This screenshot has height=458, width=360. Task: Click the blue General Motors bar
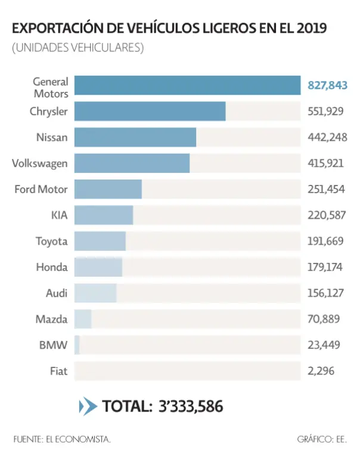tap(187, 85)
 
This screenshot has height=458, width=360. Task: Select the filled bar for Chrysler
tap(150, 112)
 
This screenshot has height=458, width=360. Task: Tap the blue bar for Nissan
tap(135, 137)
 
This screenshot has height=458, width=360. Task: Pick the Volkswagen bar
tap(132, 163)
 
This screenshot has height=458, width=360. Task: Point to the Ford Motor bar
tap(108, 189)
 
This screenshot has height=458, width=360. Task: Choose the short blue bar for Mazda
tap(83, 319)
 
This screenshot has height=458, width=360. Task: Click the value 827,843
tap(327, 85)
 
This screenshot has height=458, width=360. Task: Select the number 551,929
tap(326, 112)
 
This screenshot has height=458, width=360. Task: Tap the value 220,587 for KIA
tap(326, 215)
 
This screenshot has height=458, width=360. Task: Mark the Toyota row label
tap(51, 242)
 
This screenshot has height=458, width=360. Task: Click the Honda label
tap(51, 267)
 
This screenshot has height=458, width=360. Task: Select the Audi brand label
tap(57, 293)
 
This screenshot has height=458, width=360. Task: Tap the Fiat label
tap(59, 371)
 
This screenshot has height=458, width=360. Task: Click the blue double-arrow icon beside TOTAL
tap(88, 407)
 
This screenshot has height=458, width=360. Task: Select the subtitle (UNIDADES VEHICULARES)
tap(77, 48)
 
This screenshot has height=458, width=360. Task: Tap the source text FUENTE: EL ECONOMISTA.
tap(61, 440)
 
